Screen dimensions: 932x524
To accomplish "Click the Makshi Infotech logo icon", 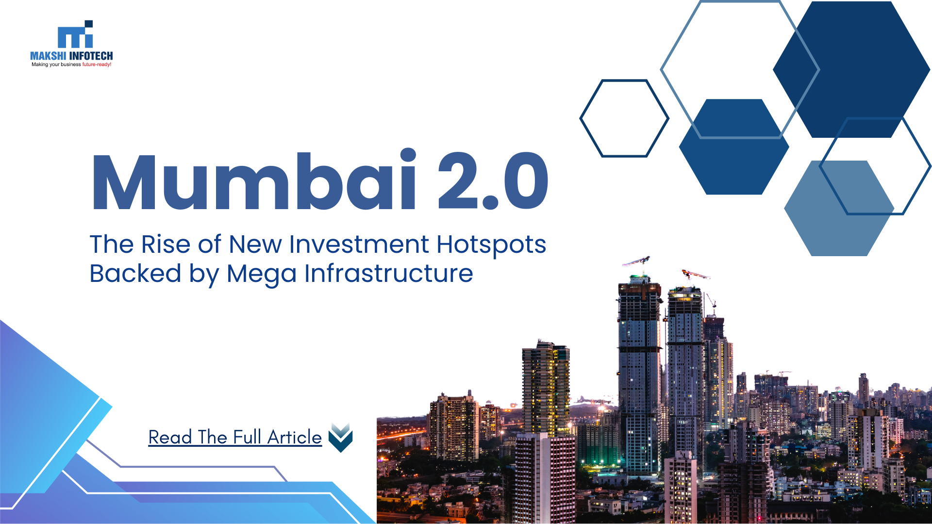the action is (75, 34).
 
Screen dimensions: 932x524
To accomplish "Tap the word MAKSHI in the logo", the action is (48, 56).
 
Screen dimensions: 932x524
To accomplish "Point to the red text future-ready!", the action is (97, 65).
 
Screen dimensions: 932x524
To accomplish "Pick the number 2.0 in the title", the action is (493, 181).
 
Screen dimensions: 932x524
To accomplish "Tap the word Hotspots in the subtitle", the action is (491, 245).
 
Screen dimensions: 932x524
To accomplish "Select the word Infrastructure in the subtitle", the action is (389, 273).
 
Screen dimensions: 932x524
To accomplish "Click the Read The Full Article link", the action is (235, 437).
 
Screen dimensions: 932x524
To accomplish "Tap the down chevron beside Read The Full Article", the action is (341, 437).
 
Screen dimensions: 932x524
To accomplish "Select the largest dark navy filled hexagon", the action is (851, 69).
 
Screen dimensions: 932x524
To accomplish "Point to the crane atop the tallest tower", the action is (637, 262).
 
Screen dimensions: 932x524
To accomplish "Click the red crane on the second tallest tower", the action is (696, 275).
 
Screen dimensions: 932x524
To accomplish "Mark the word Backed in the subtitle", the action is (135, 273).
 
